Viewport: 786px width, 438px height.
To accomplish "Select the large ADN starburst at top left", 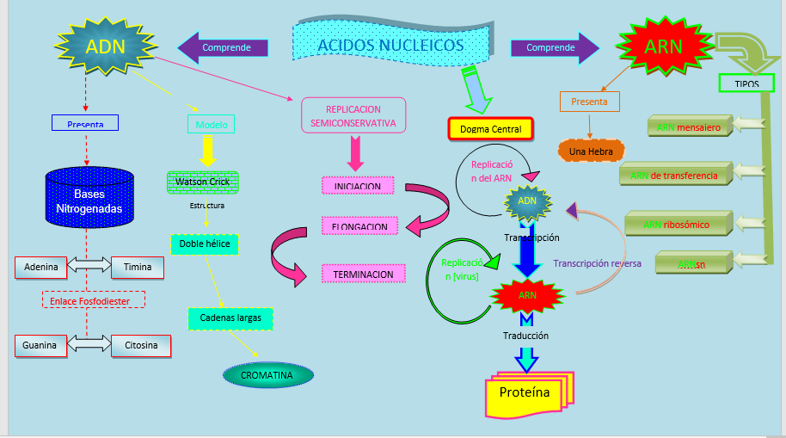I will pos(106,47).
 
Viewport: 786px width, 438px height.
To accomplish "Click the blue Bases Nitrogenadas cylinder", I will pos(89,200).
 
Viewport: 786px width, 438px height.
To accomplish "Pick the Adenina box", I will pos(41,268).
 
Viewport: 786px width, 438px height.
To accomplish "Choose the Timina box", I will pos(137,268).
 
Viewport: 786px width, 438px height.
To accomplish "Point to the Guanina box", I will pos(40,346).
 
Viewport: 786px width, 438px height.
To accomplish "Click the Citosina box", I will pos(142,346).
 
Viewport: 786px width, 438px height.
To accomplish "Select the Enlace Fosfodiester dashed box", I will pos(94,299).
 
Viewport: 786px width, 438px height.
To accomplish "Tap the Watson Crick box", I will pos(202,182).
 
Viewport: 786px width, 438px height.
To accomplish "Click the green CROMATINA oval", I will pos(267,375).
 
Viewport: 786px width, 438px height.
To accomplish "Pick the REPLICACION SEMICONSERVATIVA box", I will pos(353,116).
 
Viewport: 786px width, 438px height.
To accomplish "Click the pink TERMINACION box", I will pos(362,275).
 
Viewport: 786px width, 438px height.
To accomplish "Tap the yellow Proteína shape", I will pos(525,393).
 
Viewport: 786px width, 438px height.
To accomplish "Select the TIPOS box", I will pos(746,84).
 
